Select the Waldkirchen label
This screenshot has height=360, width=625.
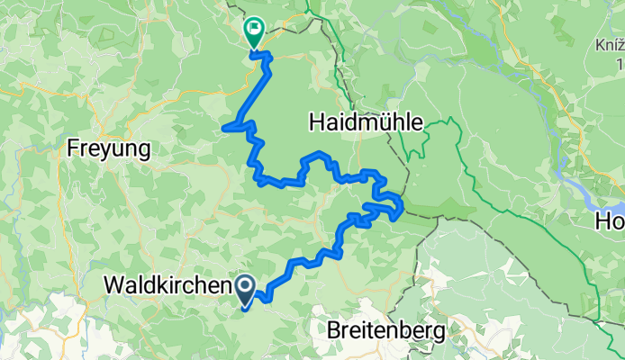(168, 285)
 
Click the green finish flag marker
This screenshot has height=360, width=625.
(254, 32)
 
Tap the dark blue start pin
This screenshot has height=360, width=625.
(247, 290)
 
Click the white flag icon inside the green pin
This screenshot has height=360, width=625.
(254, 29)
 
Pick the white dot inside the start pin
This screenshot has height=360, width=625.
(247, 286)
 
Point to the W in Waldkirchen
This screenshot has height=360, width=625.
(114, 285)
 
